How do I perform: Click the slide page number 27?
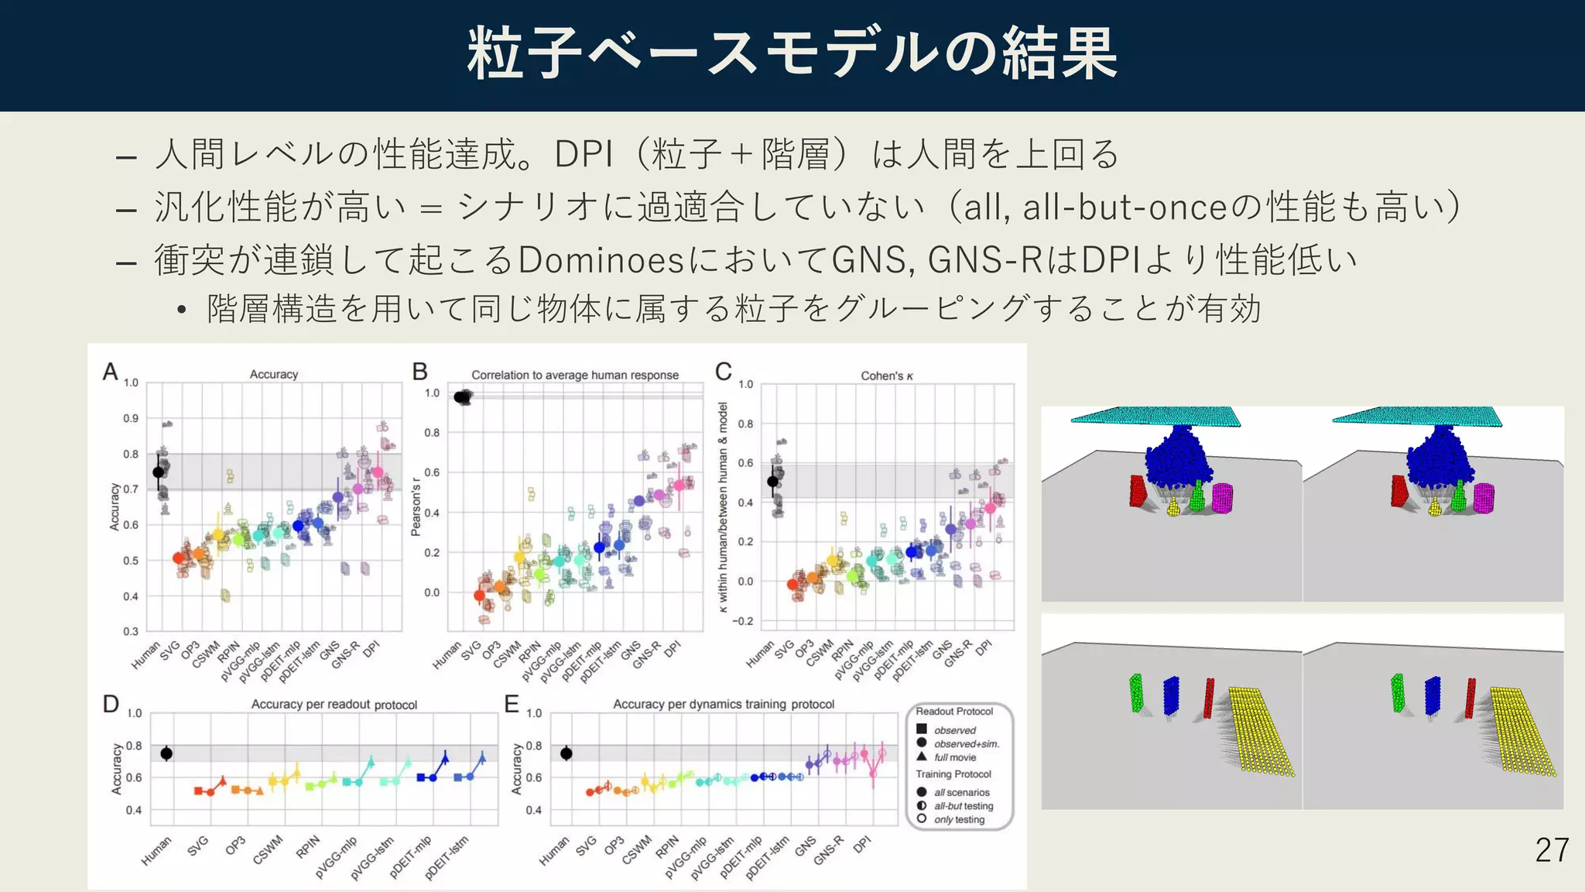point(1551,850)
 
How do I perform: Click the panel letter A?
point(111,372)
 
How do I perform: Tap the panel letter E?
point(512,704)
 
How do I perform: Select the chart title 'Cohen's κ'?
point(887,376)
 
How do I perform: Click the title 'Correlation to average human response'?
point(575,375)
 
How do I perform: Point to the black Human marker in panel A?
point(159,472)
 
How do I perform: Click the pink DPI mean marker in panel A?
point(378,472)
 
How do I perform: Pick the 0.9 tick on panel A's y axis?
point(131,418)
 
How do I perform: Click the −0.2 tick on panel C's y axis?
point(743,621)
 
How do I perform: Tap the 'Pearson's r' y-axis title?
point(416,507)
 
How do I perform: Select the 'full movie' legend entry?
point(954,757)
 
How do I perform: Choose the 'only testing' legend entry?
point(959,819)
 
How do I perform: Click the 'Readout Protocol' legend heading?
point(954,711)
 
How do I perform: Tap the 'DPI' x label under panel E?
point(861,845)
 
